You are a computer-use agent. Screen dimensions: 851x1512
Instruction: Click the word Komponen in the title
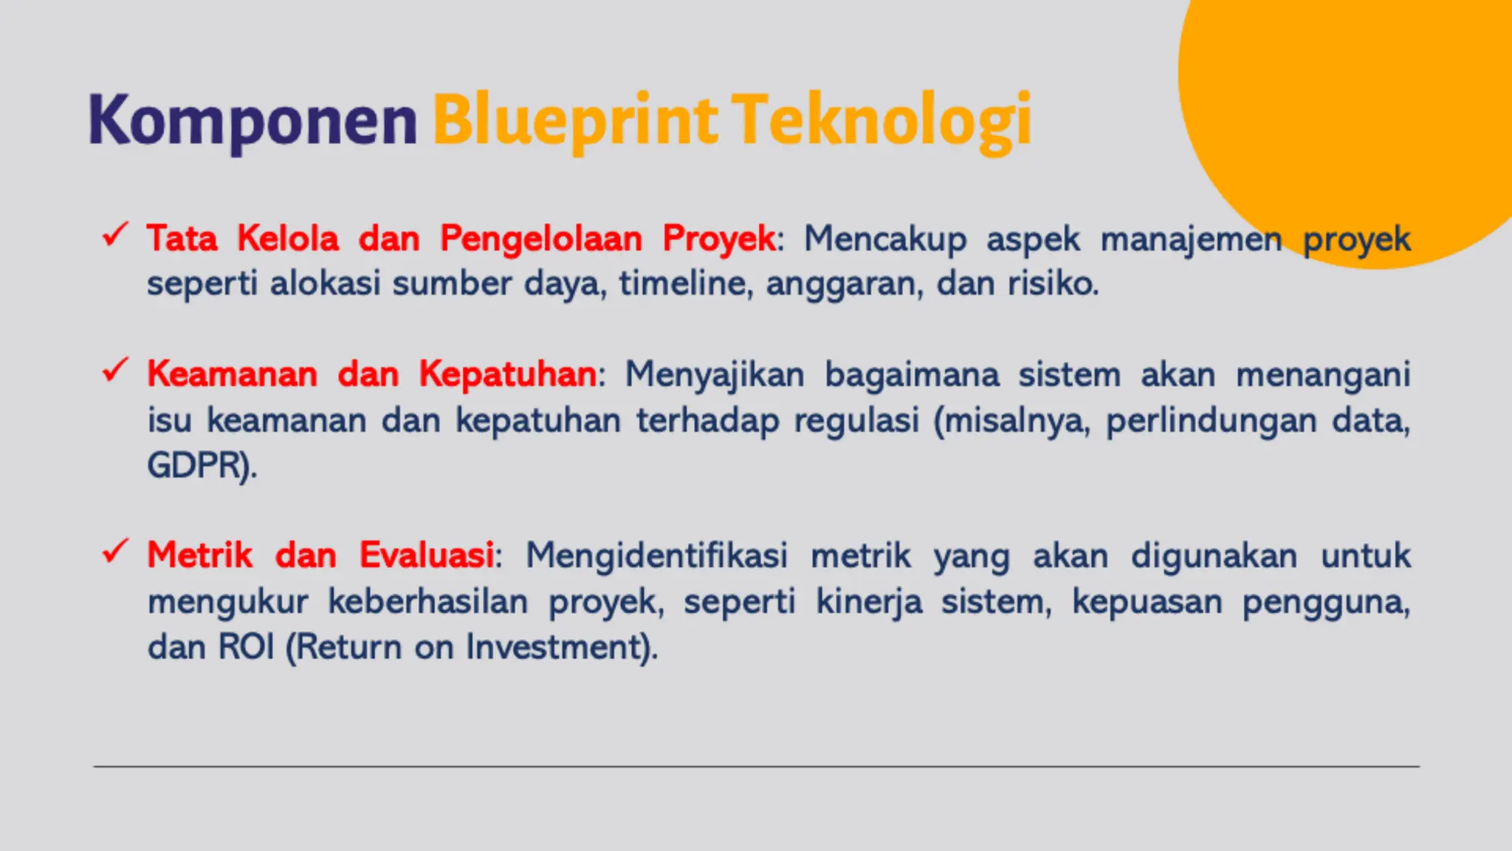coord(252,120)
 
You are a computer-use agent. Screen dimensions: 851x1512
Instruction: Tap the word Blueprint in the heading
coord(574,120)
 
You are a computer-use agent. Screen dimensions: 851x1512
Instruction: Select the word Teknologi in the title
coord(882,120)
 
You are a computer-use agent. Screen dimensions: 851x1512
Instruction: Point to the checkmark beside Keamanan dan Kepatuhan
coord(115,370)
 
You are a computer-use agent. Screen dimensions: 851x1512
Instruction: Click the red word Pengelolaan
coord(541,239)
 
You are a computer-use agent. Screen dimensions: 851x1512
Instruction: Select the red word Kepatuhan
coord(508,374)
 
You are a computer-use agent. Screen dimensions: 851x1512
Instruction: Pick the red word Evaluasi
coord(427,555)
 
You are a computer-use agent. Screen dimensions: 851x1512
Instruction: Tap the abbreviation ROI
coord(247,647)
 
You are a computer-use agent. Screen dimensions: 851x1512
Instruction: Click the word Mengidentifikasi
coord(656,556)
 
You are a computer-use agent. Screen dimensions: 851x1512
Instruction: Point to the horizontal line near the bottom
coord(756,767)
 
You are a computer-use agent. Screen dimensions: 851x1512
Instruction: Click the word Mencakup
coord(884,239)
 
